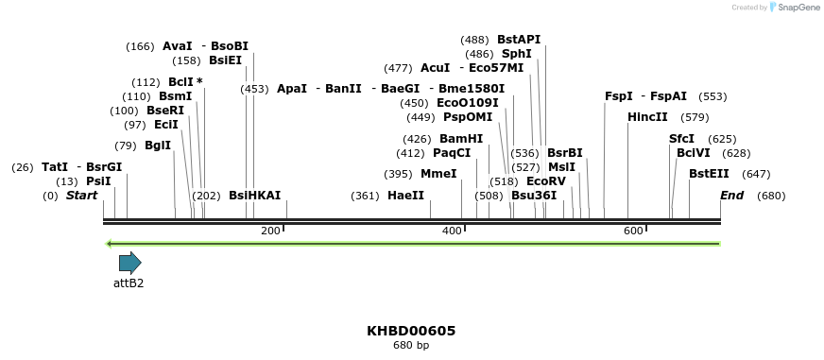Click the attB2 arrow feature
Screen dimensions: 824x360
pyautogui.click(x=129, y=263)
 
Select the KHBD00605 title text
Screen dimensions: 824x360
pyautogui.click(x=411, y=331)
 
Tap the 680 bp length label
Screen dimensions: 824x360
pyautogui.click(x=411, y=346)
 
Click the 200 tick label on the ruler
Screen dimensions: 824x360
pyautogui.click(x=270, y=231)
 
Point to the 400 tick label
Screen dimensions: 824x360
pyautogui.click(x=452, y=231)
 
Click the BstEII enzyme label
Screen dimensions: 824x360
pyautogui.click(x=709, y=174)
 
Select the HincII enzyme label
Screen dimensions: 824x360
pyautogui.click(x=647, y=117)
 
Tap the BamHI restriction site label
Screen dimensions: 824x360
pyautogui.click(x=461, y=139)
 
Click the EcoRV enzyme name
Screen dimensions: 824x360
pyautogui.click(x=545, y=181)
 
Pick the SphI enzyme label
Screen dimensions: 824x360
pyautogui.click(x=516, y=54)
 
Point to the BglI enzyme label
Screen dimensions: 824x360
pyautogui.click(x=158, y=146)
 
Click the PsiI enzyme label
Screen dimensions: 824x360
pyautogui.click(x=98, y=181)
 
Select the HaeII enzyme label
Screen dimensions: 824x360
pyautogui.click(x=405, y=196)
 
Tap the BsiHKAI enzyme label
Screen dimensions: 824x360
pyautogui.click(x=254, y=196)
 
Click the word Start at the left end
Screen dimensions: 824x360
pyautogui.click(x=81, y=196)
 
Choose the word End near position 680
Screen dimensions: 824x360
pyautogui.click(x=731, y=196)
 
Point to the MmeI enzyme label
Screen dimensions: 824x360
pyautogui.click(x=438, y=174)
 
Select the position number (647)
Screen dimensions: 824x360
pyautogui.click(x=756, y=174)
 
